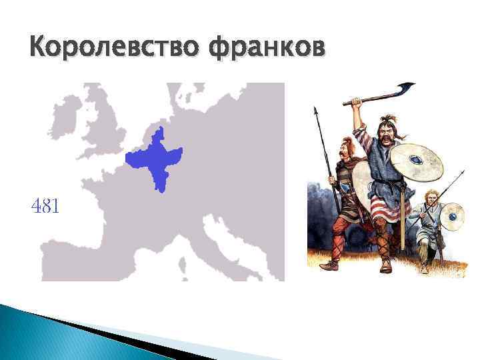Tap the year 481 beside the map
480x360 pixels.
45,207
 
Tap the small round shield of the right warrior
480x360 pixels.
453,215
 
